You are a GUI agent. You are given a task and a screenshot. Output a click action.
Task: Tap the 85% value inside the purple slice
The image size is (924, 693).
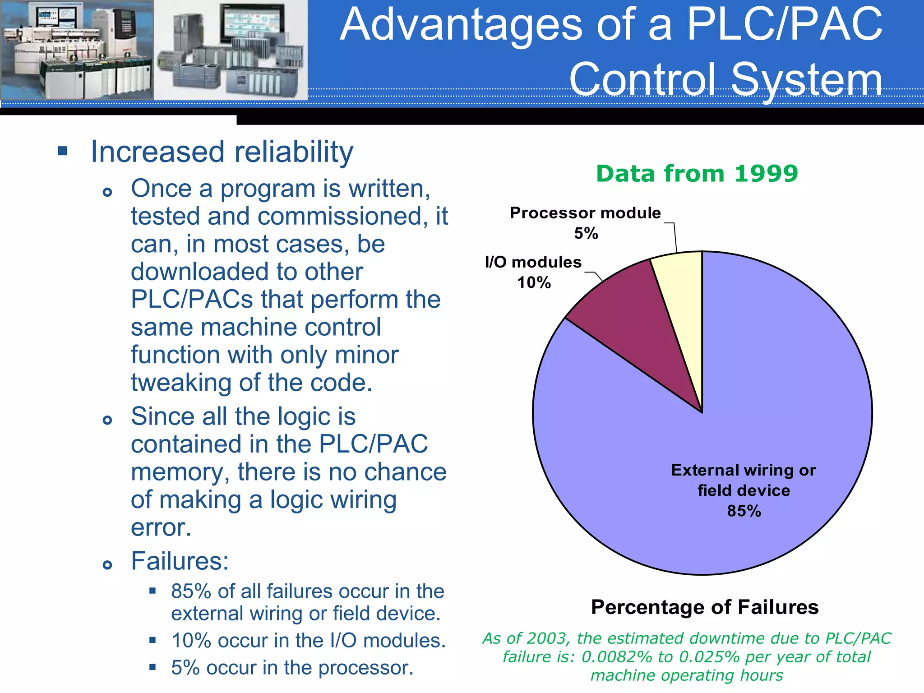point(744,511)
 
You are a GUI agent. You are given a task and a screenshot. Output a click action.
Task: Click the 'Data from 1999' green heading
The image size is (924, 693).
point(697,174)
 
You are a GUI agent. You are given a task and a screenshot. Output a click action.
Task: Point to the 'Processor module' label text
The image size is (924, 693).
point(585,213)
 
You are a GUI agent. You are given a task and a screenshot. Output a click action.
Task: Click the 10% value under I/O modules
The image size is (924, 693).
point(534,283)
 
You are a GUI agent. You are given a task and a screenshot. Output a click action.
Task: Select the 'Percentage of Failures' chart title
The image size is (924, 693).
point(704,607)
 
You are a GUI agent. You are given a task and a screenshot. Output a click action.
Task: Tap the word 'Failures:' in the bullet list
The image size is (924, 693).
point(180,561)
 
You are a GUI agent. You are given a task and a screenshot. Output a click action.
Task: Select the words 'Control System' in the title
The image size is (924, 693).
point(725,79)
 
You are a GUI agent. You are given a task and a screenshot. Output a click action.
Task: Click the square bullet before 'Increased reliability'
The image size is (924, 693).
point(63,151)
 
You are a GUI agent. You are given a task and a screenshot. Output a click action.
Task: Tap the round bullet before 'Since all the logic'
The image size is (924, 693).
point(107,420)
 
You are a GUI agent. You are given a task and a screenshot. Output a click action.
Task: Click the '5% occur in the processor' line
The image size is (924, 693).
point(292,668)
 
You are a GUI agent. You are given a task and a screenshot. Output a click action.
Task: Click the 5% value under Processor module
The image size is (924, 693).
point(586,234)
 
